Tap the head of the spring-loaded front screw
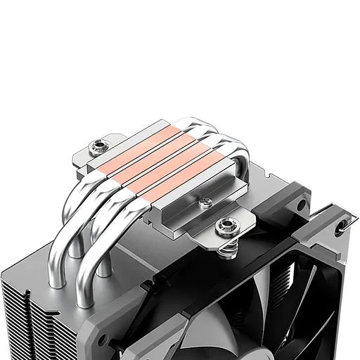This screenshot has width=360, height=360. tap(226, 226)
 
